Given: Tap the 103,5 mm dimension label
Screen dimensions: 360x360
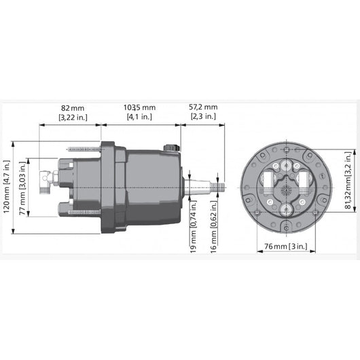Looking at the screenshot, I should point(139,107).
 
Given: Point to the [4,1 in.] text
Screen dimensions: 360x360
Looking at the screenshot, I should point(139,117).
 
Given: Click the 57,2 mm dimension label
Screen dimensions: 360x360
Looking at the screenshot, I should point(202,107).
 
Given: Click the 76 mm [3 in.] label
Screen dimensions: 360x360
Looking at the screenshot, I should point(284,246).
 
